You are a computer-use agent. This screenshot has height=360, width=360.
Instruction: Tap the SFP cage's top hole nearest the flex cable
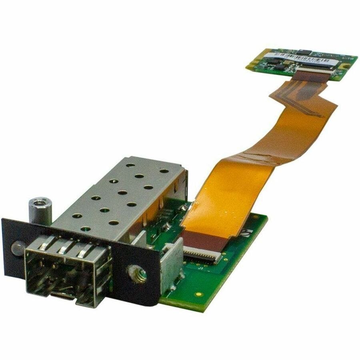(164, 171)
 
